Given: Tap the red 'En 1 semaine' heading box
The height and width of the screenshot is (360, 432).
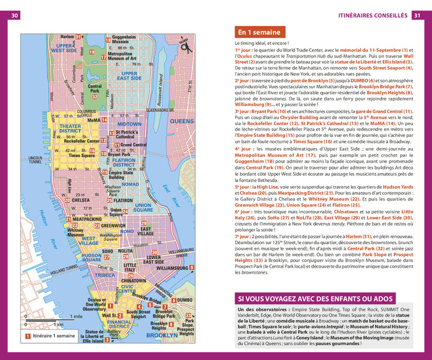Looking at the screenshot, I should [260, 33].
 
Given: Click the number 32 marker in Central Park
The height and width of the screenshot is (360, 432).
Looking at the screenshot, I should [94, 97].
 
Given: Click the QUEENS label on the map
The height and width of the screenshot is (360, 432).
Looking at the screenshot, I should [181, 121].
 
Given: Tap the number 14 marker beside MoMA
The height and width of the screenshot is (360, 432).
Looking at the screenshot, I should [104, 120].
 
